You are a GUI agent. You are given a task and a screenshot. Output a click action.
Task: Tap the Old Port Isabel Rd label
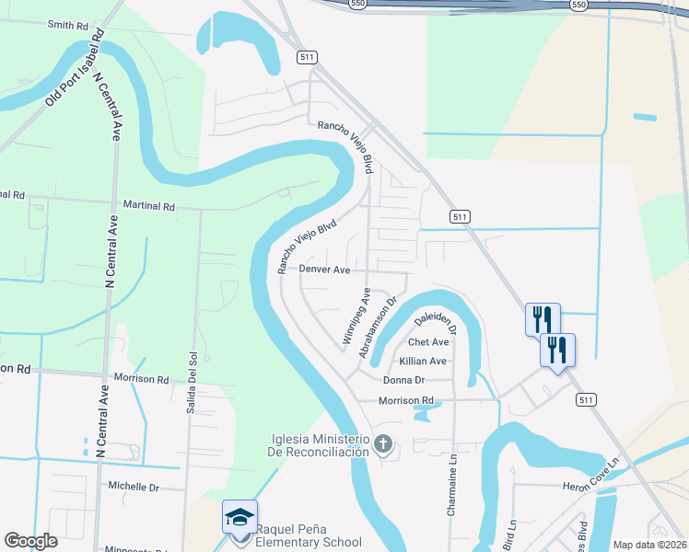coord(75,68)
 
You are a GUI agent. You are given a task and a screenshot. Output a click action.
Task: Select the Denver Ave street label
coord(324,270)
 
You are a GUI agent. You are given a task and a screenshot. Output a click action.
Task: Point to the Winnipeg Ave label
coord(356,316)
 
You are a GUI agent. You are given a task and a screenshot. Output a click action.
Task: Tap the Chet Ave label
coord(426,342)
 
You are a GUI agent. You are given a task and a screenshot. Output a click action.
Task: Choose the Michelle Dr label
coord(134,486)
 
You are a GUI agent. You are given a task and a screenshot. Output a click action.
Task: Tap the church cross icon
coord(383,445)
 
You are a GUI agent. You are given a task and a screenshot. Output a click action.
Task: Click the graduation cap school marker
coord(239,517)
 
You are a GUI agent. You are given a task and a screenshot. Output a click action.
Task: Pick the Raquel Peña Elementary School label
coord(309,535)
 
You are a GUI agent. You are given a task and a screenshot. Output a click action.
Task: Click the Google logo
coord(30,541)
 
